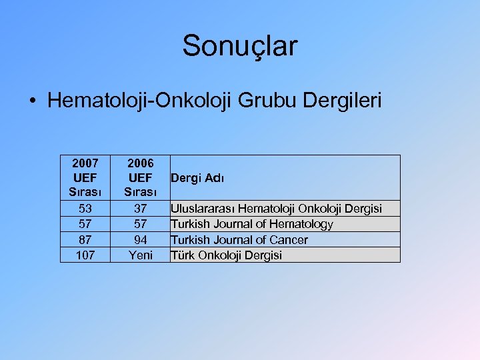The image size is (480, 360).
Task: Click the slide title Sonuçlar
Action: pyautogui.click(x=240, y=46)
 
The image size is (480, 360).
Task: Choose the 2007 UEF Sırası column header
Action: pyautogui.click(x=85, y=178)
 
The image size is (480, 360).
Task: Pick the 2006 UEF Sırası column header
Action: pyautogui.click(x=140, y=178)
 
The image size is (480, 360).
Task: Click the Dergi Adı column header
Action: pyautogui.click(x=198, y=178)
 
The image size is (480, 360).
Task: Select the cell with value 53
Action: pyautogui.click(x=85, y=209)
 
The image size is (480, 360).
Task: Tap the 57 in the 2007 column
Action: pyautogui.click(x=85, y=224)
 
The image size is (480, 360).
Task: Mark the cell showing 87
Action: pyautogui.click(x=85, y=239)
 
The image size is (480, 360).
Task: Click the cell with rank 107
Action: pyautogui.click(x=85, y=255)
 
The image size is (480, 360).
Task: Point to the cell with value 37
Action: pyautogui.click(x=140, y=209)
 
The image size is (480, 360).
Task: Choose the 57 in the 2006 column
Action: pyautogui.click(x=140, y=224)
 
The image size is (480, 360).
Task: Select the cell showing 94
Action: pyautogui.click(x=140, y=239)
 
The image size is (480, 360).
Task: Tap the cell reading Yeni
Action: pyautogui.click(x=140, y=255)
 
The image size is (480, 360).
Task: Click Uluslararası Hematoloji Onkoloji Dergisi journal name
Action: pyautogui.click(x=276, y=209)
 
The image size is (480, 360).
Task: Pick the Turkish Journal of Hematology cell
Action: pyautogui.click(x=252, y=224)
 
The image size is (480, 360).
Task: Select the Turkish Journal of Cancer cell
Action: pyautogui.click(x=239, y=239)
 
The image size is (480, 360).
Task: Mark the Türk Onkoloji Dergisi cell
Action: pyautogui.click(x=227, y=255)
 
